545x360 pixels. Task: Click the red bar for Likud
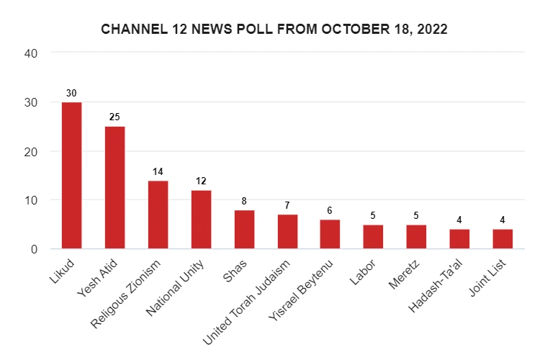coord(71,176)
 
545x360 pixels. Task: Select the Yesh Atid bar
coord(114,188)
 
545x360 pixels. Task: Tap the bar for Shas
coord(244,230)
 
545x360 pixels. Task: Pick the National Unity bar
coord(201,220)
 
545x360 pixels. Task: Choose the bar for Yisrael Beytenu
coord(330,235)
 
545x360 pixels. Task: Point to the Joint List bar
coord(502,239)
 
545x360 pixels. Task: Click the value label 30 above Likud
coord(71,93)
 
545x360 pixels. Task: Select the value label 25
coord(114,117)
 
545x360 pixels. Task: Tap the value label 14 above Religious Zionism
coord(158,171)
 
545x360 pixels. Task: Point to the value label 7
coord(287,205)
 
